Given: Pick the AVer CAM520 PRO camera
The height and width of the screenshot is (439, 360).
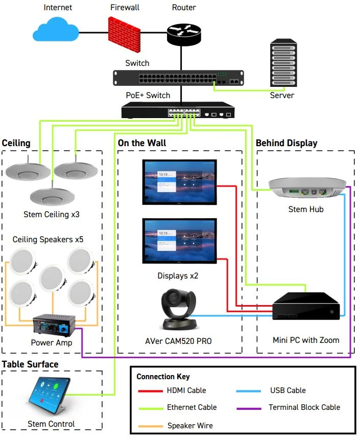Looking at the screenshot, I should [x=179, y=309].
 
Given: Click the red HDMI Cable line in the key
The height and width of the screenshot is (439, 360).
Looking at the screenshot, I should [x=151, y=390].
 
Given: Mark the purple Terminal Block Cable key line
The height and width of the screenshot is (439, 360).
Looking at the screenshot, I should [x=250, y=407].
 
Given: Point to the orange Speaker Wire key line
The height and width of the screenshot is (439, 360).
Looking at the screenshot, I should [x=151, y=425].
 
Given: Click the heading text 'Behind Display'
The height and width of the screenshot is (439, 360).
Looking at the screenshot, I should [x=286, y=143].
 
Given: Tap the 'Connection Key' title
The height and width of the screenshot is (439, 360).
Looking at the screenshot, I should [x=163, y=377].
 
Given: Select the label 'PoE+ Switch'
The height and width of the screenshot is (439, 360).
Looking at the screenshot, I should [x=148, y=95].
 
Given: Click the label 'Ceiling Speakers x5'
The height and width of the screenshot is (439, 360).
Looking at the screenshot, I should [x=49, y=239].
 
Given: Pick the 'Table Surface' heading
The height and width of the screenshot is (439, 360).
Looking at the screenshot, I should [x=30, y=364].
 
